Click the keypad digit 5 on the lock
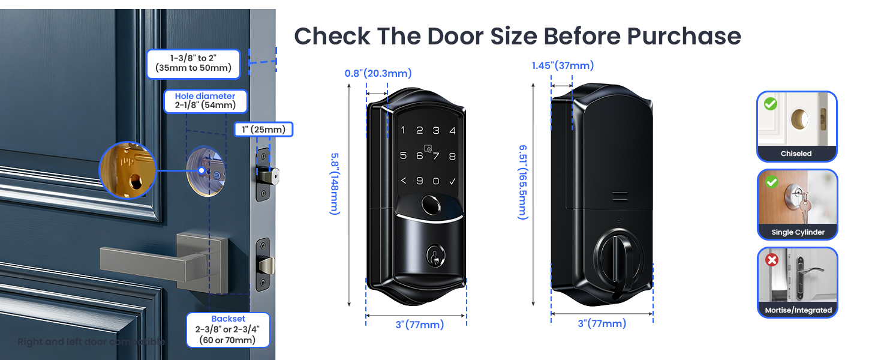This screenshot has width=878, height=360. pyautogui.click(x=403, y=156)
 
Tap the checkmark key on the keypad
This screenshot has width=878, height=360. pyautogui.click(x=452, y=181)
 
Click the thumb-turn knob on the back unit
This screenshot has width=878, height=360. pyautogui.click(x=616, y=259)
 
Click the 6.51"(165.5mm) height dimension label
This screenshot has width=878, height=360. pyautogui.click(x=522, y=182)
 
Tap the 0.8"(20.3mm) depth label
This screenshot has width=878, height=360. pyautogui.click(x=378, y=73)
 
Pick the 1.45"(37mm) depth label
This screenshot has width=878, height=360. pyautogui.click(x=563, y=65)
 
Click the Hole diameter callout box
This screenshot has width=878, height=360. pyautogui.click(x=205, y=101)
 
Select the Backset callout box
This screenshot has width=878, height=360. pyautogui.click(x=228, y=329)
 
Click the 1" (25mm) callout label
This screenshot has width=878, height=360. pyautogui.click(x=263, y=129)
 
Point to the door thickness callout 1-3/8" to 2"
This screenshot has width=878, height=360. pyautogui.click(x=193, y=64)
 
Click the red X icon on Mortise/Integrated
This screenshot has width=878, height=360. pyautogui.click(x=771, y=260)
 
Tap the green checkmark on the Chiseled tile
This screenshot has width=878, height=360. pyautogui.click(x=771, y=104)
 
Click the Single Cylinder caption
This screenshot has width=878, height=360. pyautogui.click(x=798, y=232)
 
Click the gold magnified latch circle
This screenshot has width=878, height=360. pyautogui.click(x=127, y=170)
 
